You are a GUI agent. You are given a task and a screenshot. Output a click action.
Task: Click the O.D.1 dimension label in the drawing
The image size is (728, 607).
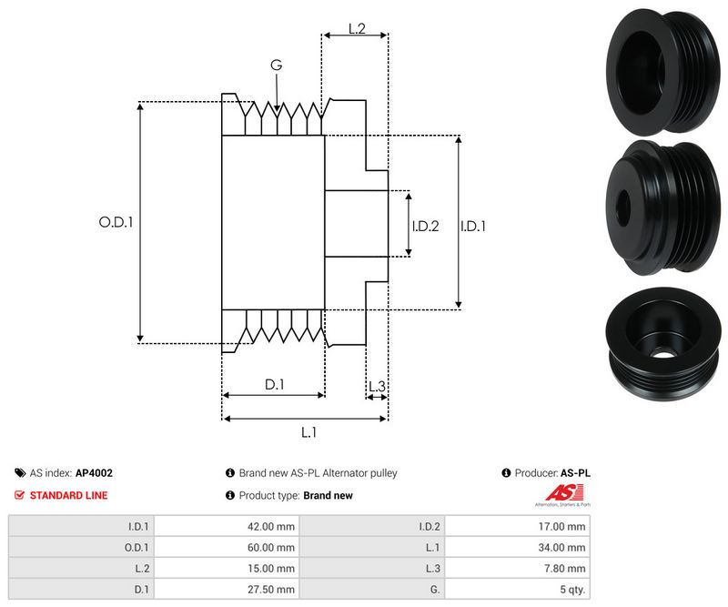point(116,221)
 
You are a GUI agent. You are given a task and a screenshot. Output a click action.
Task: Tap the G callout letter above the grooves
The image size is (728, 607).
point(276,65)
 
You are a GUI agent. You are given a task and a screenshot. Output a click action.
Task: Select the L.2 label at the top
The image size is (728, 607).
point(356,29)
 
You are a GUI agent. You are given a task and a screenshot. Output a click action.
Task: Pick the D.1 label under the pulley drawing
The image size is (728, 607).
point(275,385)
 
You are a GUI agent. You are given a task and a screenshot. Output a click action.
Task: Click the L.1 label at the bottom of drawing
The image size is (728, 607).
point(308,432)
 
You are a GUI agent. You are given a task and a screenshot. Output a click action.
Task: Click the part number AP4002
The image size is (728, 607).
point(94,473)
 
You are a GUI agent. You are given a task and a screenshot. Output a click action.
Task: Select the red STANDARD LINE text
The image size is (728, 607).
point(68,495)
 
